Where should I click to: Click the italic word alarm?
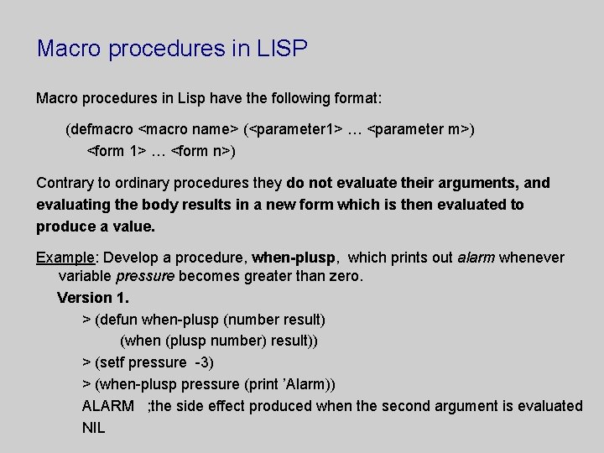[476, 258]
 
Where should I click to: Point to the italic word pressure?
[145, 276]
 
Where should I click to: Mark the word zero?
[345, 276]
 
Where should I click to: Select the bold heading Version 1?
[93, 298]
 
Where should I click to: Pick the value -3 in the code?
[203, 362]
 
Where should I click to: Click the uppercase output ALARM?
[107, 406]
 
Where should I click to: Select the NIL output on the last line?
[94, 428]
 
